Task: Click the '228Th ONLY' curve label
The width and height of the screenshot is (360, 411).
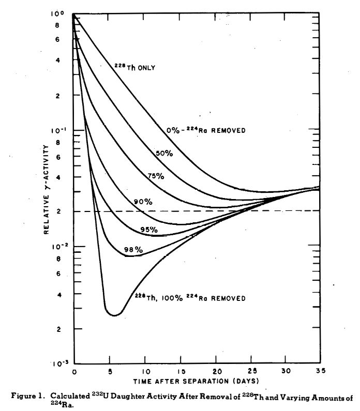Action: pyautogui.click(x=135, y=67)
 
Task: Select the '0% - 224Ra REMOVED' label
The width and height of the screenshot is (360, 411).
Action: pyautogui.click(x=205, y=130)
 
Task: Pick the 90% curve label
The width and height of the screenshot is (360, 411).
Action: pyautogui.click(x=143, y=202)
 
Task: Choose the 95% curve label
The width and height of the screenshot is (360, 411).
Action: pyautogui.click(x=149, y=229)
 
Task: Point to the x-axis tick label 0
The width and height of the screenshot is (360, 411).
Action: pyautogui.click(x=74, y=372)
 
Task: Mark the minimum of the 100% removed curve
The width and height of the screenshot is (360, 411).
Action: pyautogui.click(x=115, y=315)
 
